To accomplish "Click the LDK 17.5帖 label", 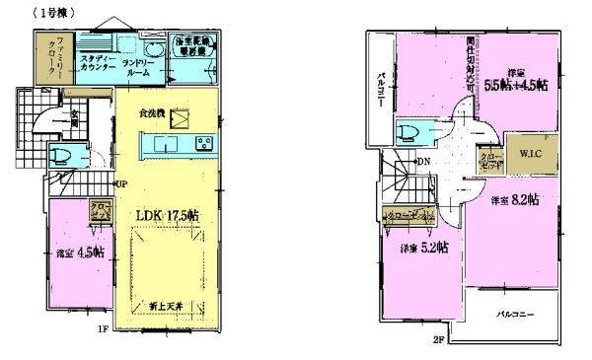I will click(162, 215).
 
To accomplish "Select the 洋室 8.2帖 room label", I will click(515, 200).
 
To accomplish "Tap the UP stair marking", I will click(119, 184).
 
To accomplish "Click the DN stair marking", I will click(423, 162).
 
